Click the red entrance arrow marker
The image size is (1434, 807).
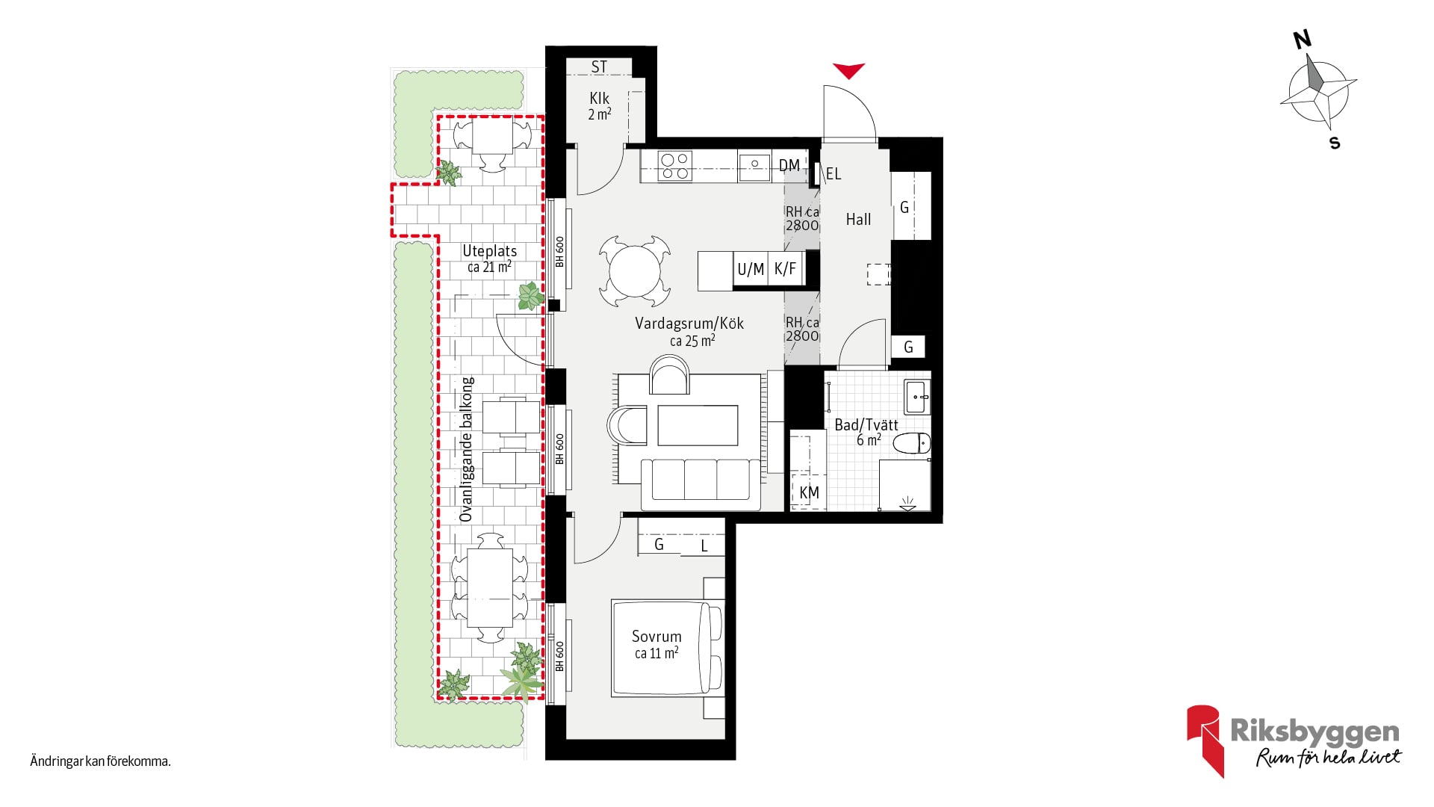pos(849,71)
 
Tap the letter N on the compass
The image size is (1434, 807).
pos(1303,39)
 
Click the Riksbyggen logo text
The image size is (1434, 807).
pos(1314,732)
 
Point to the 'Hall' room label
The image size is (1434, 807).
pos(858,220)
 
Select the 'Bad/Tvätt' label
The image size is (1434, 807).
pos(866,424)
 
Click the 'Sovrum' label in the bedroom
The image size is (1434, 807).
pos(657,637)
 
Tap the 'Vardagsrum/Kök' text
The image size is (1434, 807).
pos(689,324)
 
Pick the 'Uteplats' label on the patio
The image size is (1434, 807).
pos(489,251)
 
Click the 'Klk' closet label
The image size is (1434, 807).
pos(599,99)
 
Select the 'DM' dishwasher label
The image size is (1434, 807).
pos(789,165)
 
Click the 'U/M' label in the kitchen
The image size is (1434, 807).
pos(751,269)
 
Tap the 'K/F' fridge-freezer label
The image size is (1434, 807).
pos(785,269)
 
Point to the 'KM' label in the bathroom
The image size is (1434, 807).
pos(809,492)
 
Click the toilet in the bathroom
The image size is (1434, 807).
pos(912,443)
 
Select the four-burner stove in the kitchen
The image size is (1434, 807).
pos(674,167)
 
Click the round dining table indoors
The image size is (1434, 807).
pos(634,271)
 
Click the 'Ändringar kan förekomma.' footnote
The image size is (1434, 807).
pos(101,761)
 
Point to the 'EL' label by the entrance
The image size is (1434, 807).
pos(834,174)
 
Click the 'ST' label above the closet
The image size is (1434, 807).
pos(599,67)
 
